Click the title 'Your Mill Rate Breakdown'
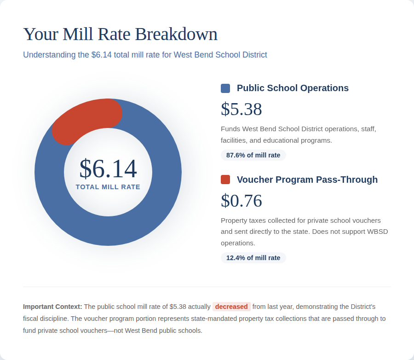coord(120,35)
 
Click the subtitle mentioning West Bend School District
coord(145,55)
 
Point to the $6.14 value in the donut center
coord(108,168)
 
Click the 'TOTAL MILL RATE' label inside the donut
coord(108,187)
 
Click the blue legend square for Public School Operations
coord(225,88)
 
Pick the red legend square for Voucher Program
coord(225,180)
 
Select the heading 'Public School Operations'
coord(293,88)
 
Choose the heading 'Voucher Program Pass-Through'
coord(307,180)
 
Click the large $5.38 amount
coord(241,109)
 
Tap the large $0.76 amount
coord(241,201)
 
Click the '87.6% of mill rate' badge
coord(253,155)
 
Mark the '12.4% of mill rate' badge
coord(253,258)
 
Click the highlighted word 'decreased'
coord(231,307)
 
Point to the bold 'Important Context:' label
coord(52,307)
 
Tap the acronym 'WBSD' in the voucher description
coord(377,232)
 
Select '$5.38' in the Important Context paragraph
coord(178,307)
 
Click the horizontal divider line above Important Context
coord(207,287)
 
